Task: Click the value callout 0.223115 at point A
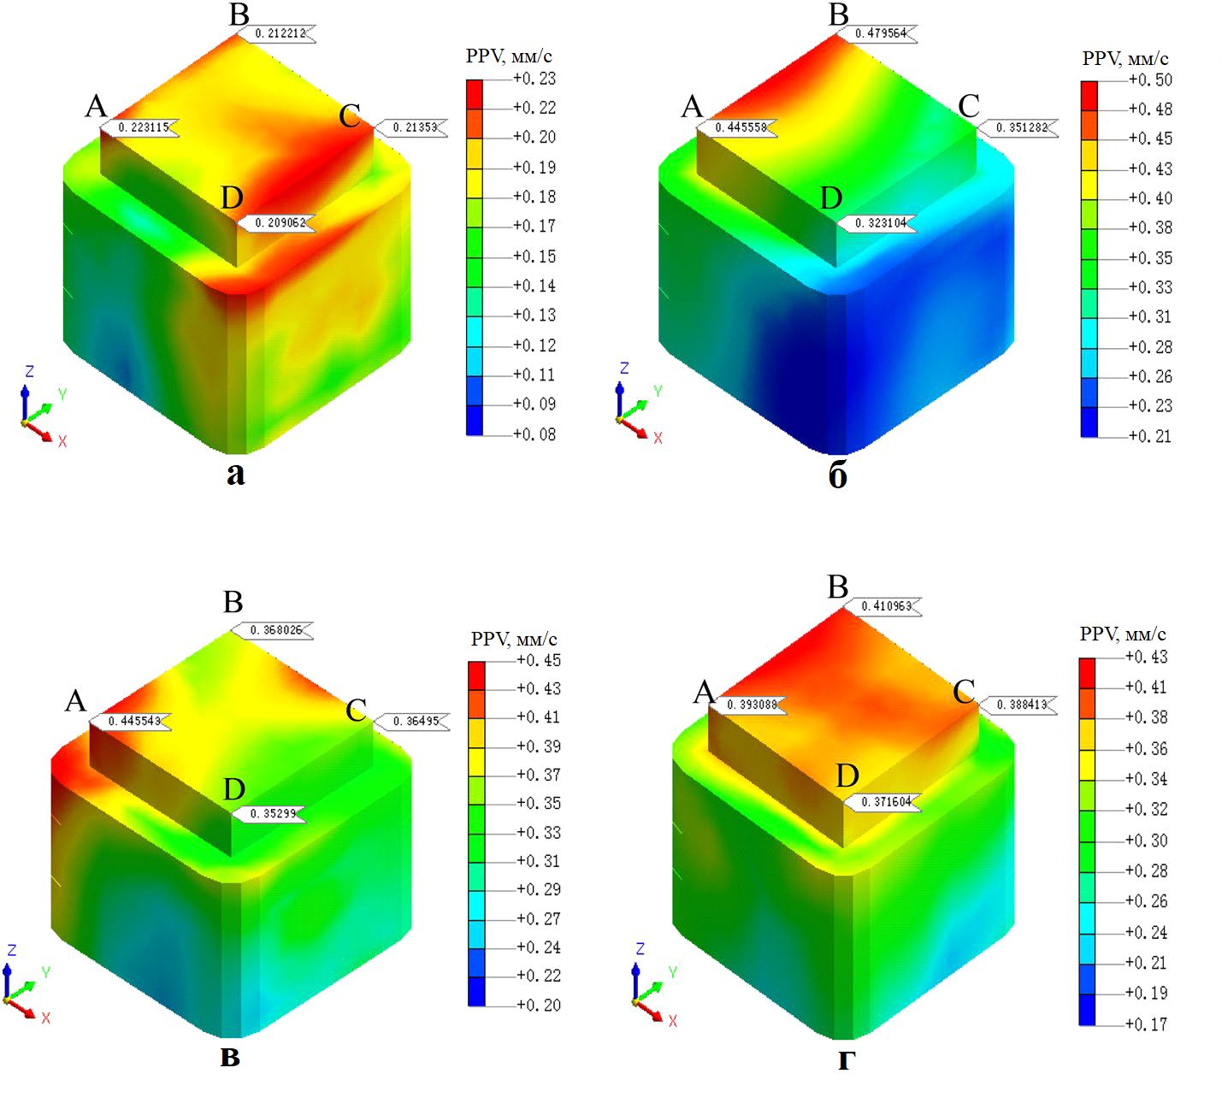coord(143,127)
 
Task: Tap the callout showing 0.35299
coord(274,814)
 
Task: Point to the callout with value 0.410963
coord(886,606)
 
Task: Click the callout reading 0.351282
coord(1021,127)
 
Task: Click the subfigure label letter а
coord(235,474)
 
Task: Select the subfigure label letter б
coord(838,475)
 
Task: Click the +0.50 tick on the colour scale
coord(1150,80)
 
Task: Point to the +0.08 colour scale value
coord(534,434)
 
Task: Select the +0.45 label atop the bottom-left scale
coord(539,660)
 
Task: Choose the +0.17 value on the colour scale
coord(1147,1024)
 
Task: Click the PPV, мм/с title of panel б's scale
coord(1125,59)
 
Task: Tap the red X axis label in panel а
coord(62,441)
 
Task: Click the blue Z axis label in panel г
coord(640,949)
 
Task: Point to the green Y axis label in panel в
coord(45,973)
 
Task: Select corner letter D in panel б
coord(831,198)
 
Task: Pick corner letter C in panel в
coord(356,711)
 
